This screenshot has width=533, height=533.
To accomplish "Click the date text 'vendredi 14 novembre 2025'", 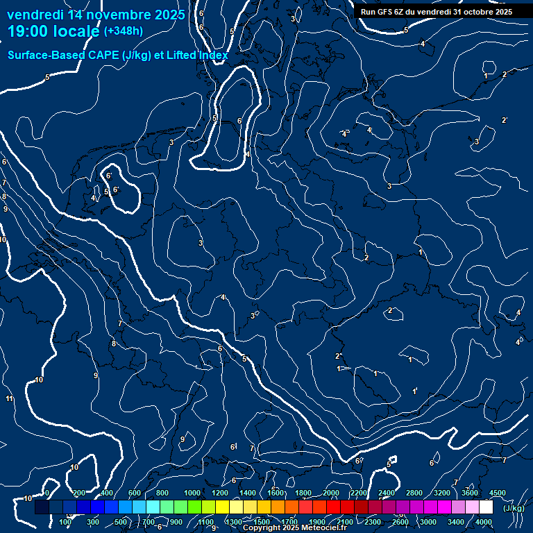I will (96, 15).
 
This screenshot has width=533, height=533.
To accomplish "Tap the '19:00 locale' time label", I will (54, 32).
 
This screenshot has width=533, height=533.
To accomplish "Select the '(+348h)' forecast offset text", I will (125, 31).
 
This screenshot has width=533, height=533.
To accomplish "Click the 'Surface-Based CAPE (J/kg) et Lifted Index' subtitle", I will (118, 55).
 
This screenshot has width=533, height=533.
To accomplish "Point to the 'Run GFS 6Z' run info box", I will (437, 12).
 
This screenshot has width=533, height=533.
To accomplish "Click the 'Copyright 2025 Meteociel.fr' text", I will (294, 528).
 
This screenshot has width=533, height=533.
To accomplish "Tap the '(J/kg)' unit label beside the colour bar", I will (514, 508).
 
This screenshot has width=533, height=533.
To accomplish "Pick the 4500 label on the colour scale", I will (497, 493).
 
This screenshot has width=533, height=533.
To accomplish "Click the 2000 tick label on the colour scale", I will (330, 493).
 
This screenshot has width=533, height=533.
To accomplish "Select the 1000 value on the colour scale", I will (192, 493).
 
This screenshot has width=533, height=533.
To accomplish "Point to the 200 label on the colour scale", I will (79, 493).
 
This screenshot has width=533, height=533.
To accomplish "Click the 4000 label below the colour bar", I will (484, 522).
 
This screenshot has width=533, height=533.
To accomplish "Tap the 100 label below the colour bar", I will (65, 522).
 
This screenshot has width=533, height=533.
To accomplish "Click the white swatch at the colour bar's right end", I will (485, 507).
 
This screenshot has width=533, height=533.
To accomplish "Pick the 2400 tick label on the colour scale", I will (387, 493).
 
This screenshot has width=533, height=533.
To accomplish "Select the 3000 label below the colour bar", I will (428, 522).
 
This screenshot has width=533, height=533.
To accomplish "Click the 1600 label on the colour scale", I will (275, 493).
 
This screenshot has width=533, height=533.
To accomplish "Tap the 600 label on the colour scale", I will (135, 493).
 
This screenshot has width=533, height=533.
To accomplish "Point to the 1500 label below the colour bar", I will (261, 522).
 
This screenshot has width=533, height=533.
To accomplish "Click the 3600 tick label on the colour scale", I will (470, 493).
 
